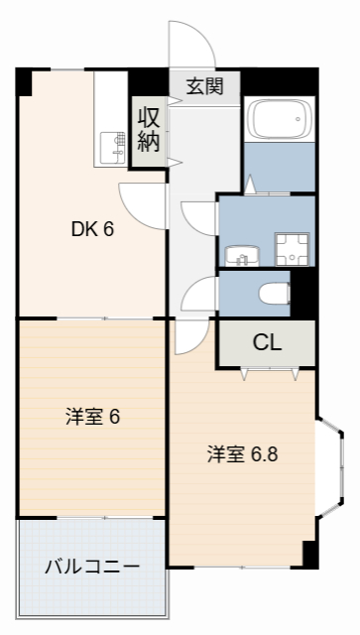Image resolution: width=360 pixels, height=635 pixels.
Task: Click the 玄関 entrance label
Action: [205, 85]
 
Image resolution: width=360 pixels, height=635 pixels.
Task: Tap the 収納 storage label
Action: [148, 129]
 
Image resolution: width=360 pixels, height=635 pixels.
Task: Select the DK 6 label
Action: [92, 229]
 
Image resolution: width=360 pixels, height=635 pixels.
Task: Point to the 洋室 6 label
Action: [93, 417]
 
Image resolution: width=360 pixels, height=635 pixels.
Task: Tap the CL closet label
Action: [267, 343]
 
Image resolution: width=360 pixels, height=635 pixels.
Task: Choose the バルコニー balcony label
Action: [91, 567]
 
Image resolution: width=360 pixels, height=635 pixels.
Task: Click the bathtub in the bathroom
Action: [279, 121]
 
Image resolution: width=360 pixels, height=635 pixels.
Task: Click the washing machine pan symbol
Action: [292, 249]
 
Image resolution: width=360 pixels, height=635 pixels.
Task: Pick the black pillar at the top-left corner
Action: [24, 79]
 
